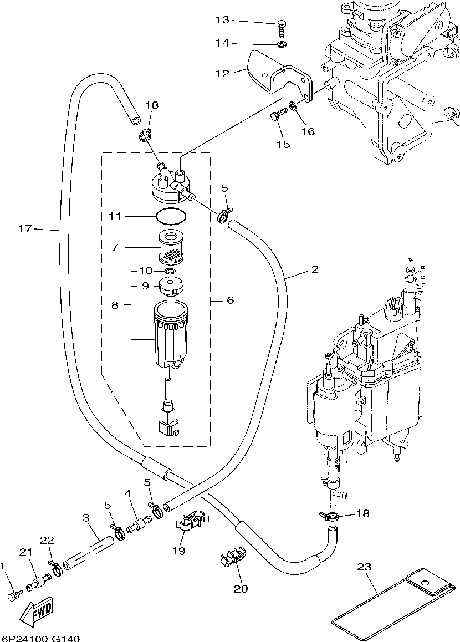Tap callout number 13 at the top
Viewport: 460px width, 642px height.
pos(223,19)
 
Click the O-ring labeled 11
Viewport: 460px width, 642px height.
pos(172,216)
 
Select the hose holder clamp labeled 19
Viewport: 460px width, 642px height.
pos(191,522)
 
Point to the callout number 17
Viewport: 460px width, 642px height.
pos(25,228)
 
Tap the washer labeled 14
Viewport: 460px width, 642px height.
pos(282,44)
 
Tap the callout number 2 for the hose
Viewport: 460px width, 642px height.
pos(314,270)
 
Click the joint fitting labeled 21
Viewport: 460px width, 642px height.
pos(39,582)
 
